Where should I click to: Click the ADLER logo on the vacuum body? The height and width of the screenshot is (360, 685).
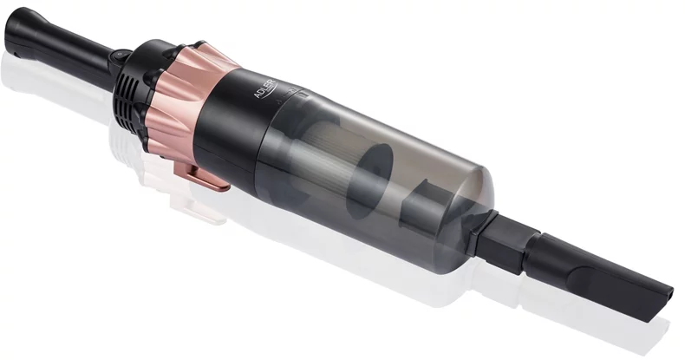pyautogui.click(x=265, y=88)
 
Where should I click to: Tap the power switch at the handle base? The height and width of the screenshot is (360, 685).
pyautogui.click(x=120, y=56)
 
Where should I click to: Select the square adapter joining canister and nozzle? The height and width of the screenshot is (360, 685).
pyautogui.click(x=502, y=239)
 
